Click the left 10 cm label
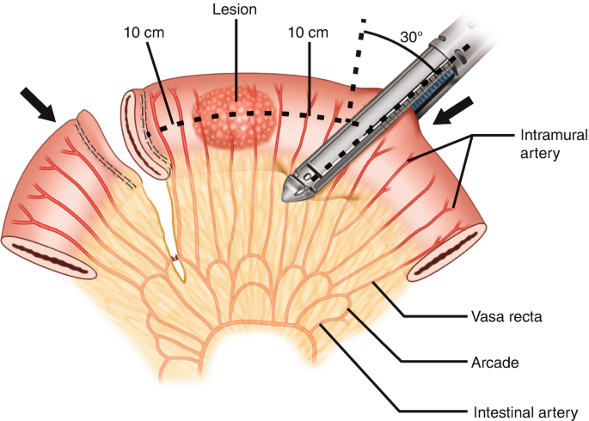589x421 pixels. pyautogui.click(x=143, y=33)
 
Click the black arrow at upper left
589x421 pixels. pyautogui.click(x=38, y=102)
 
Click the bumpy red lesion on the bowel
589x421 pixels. pyautogui.click(x=234, y=112)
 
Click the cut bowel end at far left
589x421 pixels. pyautogui.click(x=46, y=257)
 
